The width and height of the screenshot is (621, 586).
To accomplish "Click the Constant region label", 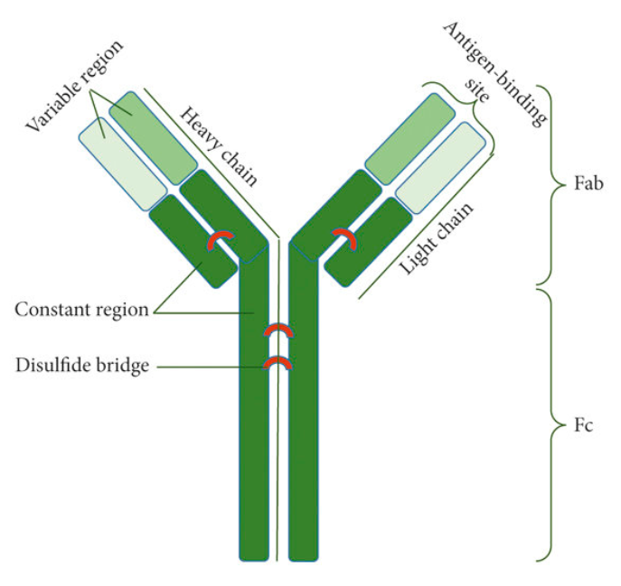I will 81,310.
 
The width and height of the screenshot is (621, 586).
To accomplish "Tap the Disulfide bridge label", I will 82,366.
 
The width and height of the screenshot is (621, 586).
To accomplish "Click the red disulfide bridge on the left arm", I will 221,239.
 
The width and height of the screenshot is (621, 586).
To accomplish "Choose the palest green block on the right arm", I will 441,166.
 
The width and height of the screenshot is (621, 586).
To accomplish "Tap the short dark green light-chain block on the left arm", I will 193,240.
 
